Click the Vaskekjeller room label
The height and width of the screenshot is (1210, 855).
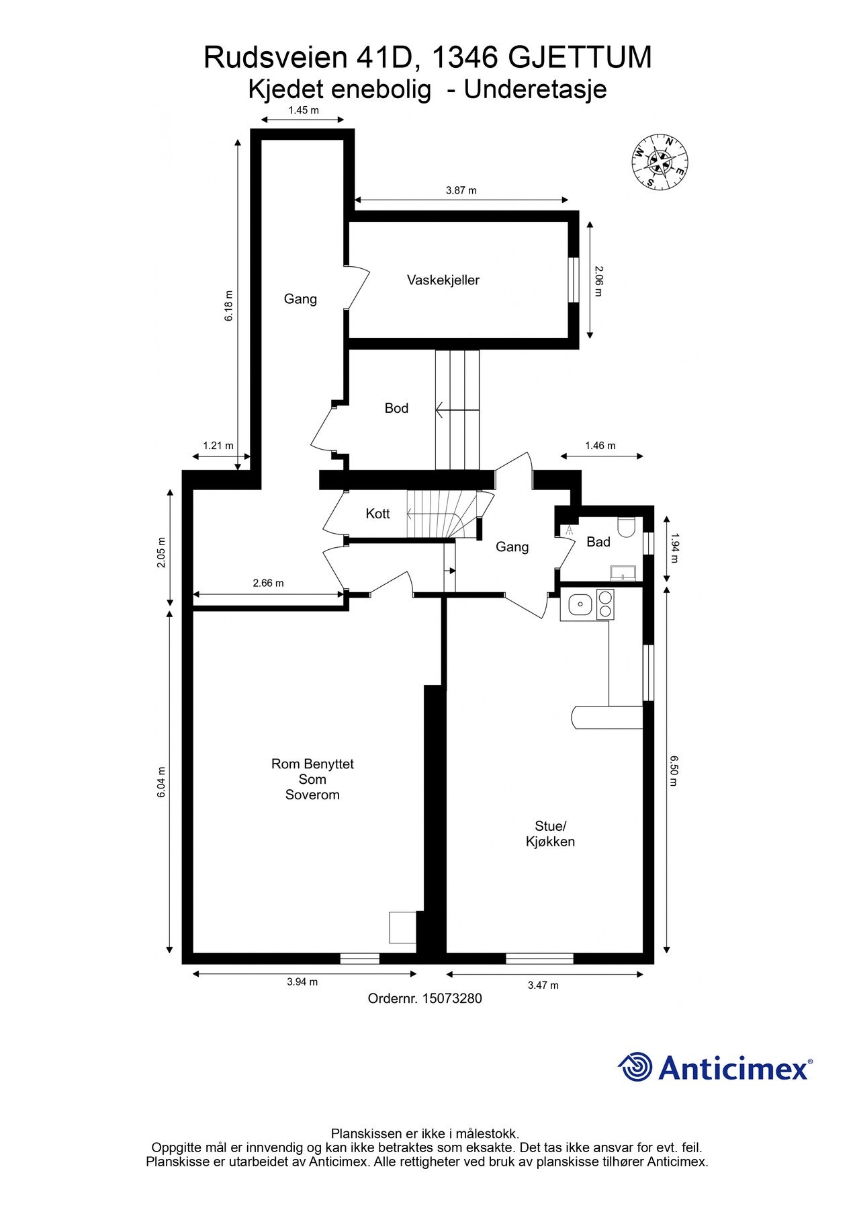pos(443,280)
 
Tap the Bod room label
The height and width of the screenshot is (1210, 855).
pos(396,408)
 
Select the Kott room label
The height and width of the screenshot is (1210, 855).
pos(377,514)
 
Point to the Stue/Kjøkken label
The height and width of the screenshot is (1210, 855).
pos(550,834)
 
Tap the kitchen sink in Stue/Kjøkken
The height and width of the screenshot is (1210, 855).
pos(578,605)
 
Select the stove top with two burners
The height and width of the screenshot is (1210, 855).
pos(605,604)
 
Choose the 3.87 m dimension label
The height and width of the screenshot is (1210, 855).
pos(461,190)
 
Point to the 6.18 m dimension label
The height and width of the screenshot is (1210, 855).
pos(229,305)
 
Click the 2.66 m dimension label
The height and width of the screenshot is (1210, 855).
pos(268,583)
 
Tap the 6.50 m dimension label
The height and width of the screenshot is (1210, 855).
pos(674,770)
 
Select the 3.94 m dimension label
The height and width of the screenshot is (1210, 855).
pos(302,981)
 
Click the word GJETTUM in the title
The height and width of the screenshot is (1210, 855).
pos(579,58)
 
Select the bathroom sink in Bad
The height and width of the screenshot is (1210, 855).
pos(624,573)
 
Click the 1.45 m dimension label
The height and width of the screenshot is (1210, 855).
pos(304,110)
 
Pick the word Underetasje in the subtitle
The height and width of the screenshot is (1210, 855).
pos(535,89)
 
